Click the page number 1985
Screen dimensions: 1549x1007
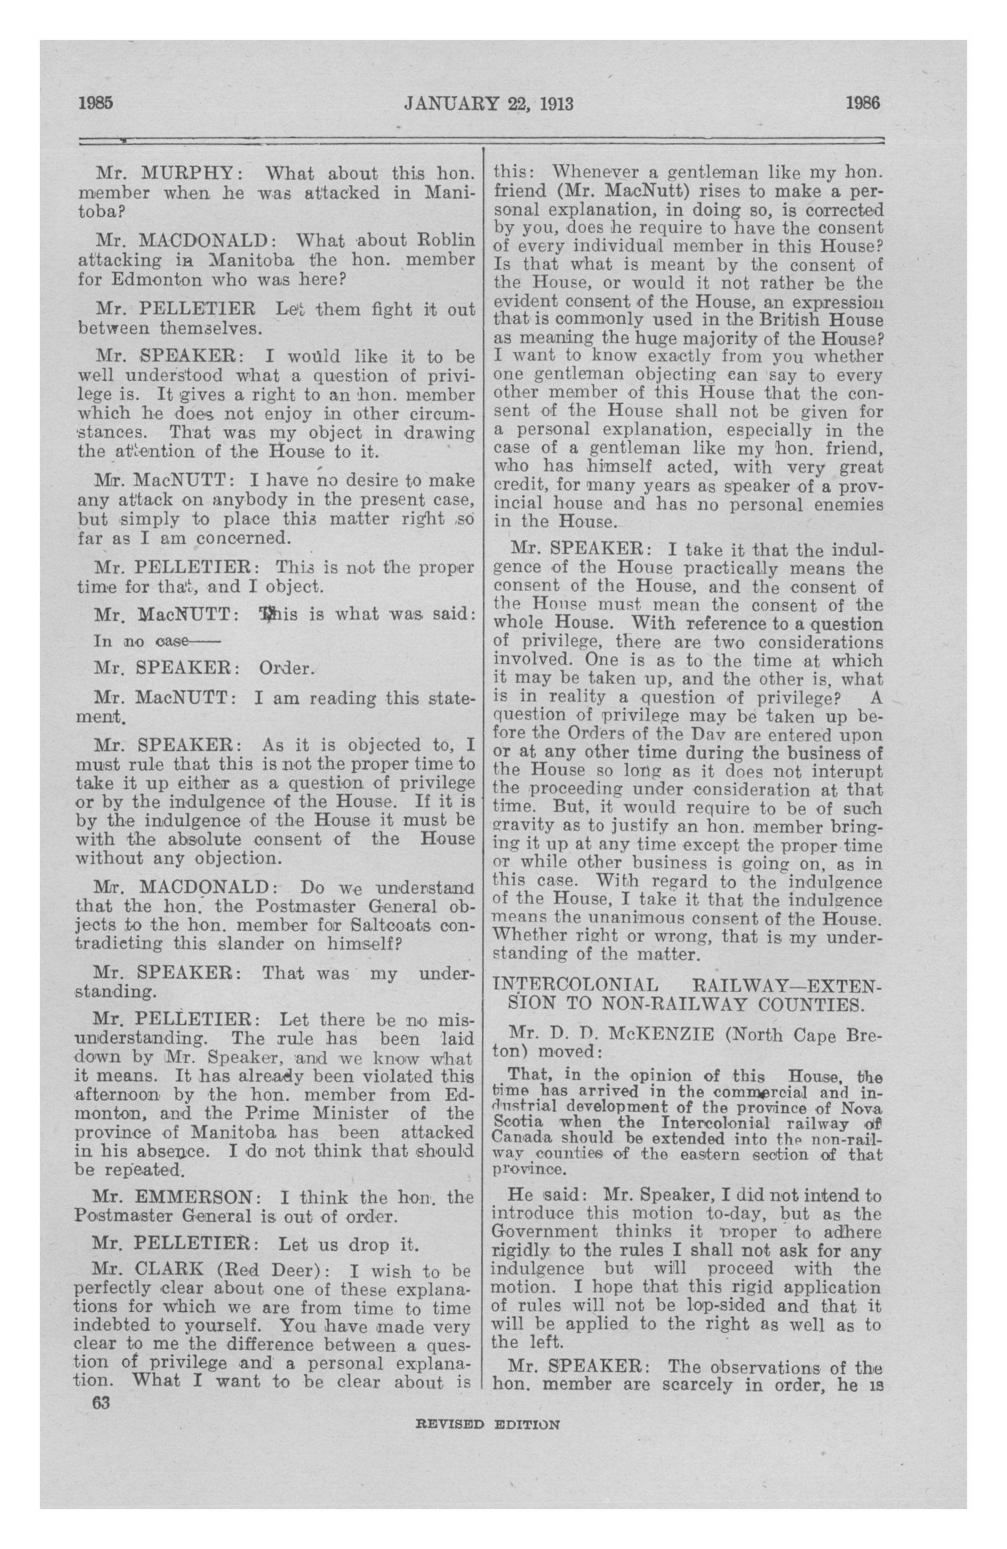click(96, 103)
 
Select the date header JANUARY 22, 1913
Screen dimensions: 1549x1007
click(489, 103)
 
